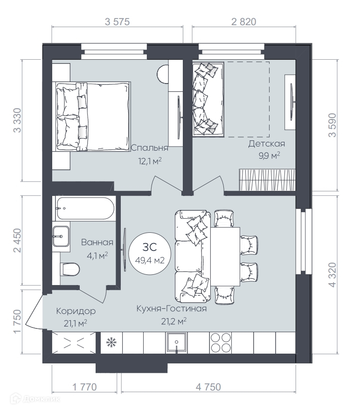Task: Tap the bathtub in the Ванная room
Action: pos(85,208)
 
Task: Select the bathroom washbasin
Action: pos(61,237)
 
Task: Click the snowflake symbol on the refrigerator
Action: pos(111,342)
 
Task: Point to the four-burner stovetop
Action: pos(221,342)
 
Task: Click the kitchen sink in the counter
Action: pos(177,343)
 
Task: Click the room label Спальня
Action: pos(149,148)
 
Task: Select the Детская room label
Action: pos(266,144)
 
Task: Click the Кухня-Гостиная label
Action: pos(172,308)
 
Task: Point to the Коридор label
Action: pos(76,311)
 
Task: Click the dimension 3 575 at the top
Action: pos(117,22)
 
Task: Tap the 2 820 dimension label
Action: pos(244,22)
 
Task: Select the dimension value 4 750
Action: pos(208,387)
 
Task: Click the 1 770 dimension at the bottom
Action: pos(84,387)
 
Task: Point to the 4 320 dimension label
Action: pos(332,275)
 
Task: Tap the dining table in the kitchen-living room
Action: pos(225,257)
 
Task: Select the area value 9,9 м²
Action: pos(270,156)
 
